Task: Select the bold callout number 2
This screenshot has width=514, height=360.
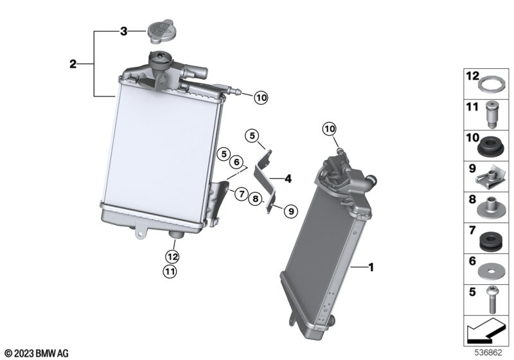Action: click(73, 64)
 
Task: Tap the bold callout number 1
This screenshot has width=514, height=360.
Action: click(371, 267)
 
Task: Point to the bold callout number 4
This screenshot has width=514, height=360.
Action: click(288, 179)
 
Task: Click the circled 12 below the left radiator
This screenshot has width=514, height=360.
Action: click(172, 256)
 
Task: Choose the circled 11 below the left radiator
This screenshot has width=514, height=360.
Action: click(170, 271)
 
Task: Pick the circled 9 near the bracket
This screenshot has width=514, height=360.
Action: click(291, 211)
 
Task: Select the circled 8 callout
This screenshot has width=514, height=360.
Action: click(255, 199)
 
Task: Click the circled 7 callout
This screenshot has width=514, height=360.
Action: click(242, 194)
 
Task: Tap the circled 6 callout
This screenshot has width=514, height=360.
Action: click(236, 161)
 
